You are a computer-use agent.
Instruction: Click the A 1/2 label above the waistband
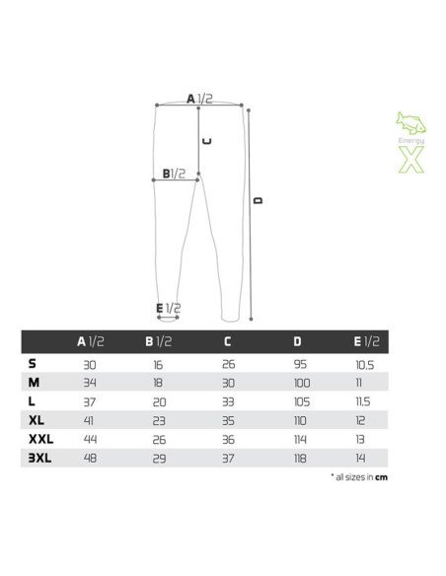(199, 99)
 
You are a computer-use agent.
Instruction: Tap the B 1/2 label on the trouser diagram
(174, 174)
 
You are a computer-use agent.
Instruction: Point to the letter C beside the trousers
(207, 141)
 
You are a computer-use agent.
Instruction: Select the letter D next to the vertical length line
(259, 201)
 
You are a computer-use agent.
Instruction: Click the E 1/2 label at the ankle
(168, 309)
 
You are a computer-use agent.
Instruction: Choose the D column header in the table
(298, 341)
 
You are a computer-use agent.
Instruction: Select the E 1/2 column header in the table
(366, 341)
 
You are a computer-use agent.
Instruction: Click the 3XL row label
(38, 457)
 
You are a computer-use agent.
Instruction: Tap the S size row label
(33, 363)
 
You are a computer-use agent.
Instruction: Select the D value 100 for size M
(301, 382)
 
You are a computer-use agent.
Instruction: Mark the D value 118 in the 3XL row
(300, 457)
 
